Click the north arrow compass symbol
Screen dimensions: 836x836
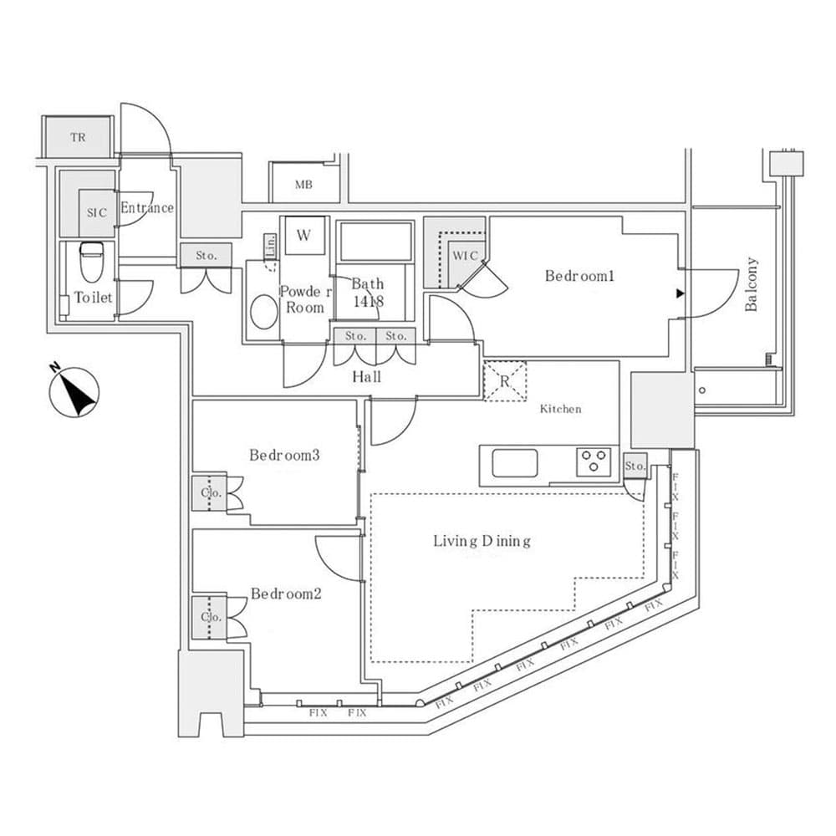(74, 392)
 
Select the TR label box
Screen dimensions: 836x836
(78, 137)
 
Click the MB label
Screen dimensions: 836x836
(303, 185)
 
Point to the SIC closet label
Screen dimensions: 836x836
(97, 212)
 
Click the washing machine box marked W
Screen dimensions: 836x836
(303, 235)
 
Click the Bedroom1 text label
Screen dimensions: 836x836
(579, 275)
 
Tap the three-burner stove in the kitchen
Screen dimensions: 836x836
(594, 461)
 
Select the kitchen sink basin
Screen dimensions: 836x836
(514, 463)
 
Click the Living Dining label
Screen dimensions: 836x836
(482, 541)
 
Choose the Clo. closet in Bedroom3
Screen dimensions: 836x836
(209, 493)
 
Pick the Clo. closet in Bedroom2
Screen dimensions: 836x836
(209, 618)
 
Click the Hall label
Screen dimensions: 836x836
(366, 377)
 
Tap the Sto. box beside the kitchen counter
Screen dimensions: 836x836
(635, 466)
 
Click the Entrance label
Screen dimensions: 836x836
(147, 207)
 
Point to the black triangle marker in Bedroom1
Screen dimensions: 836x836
(680, 293)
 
